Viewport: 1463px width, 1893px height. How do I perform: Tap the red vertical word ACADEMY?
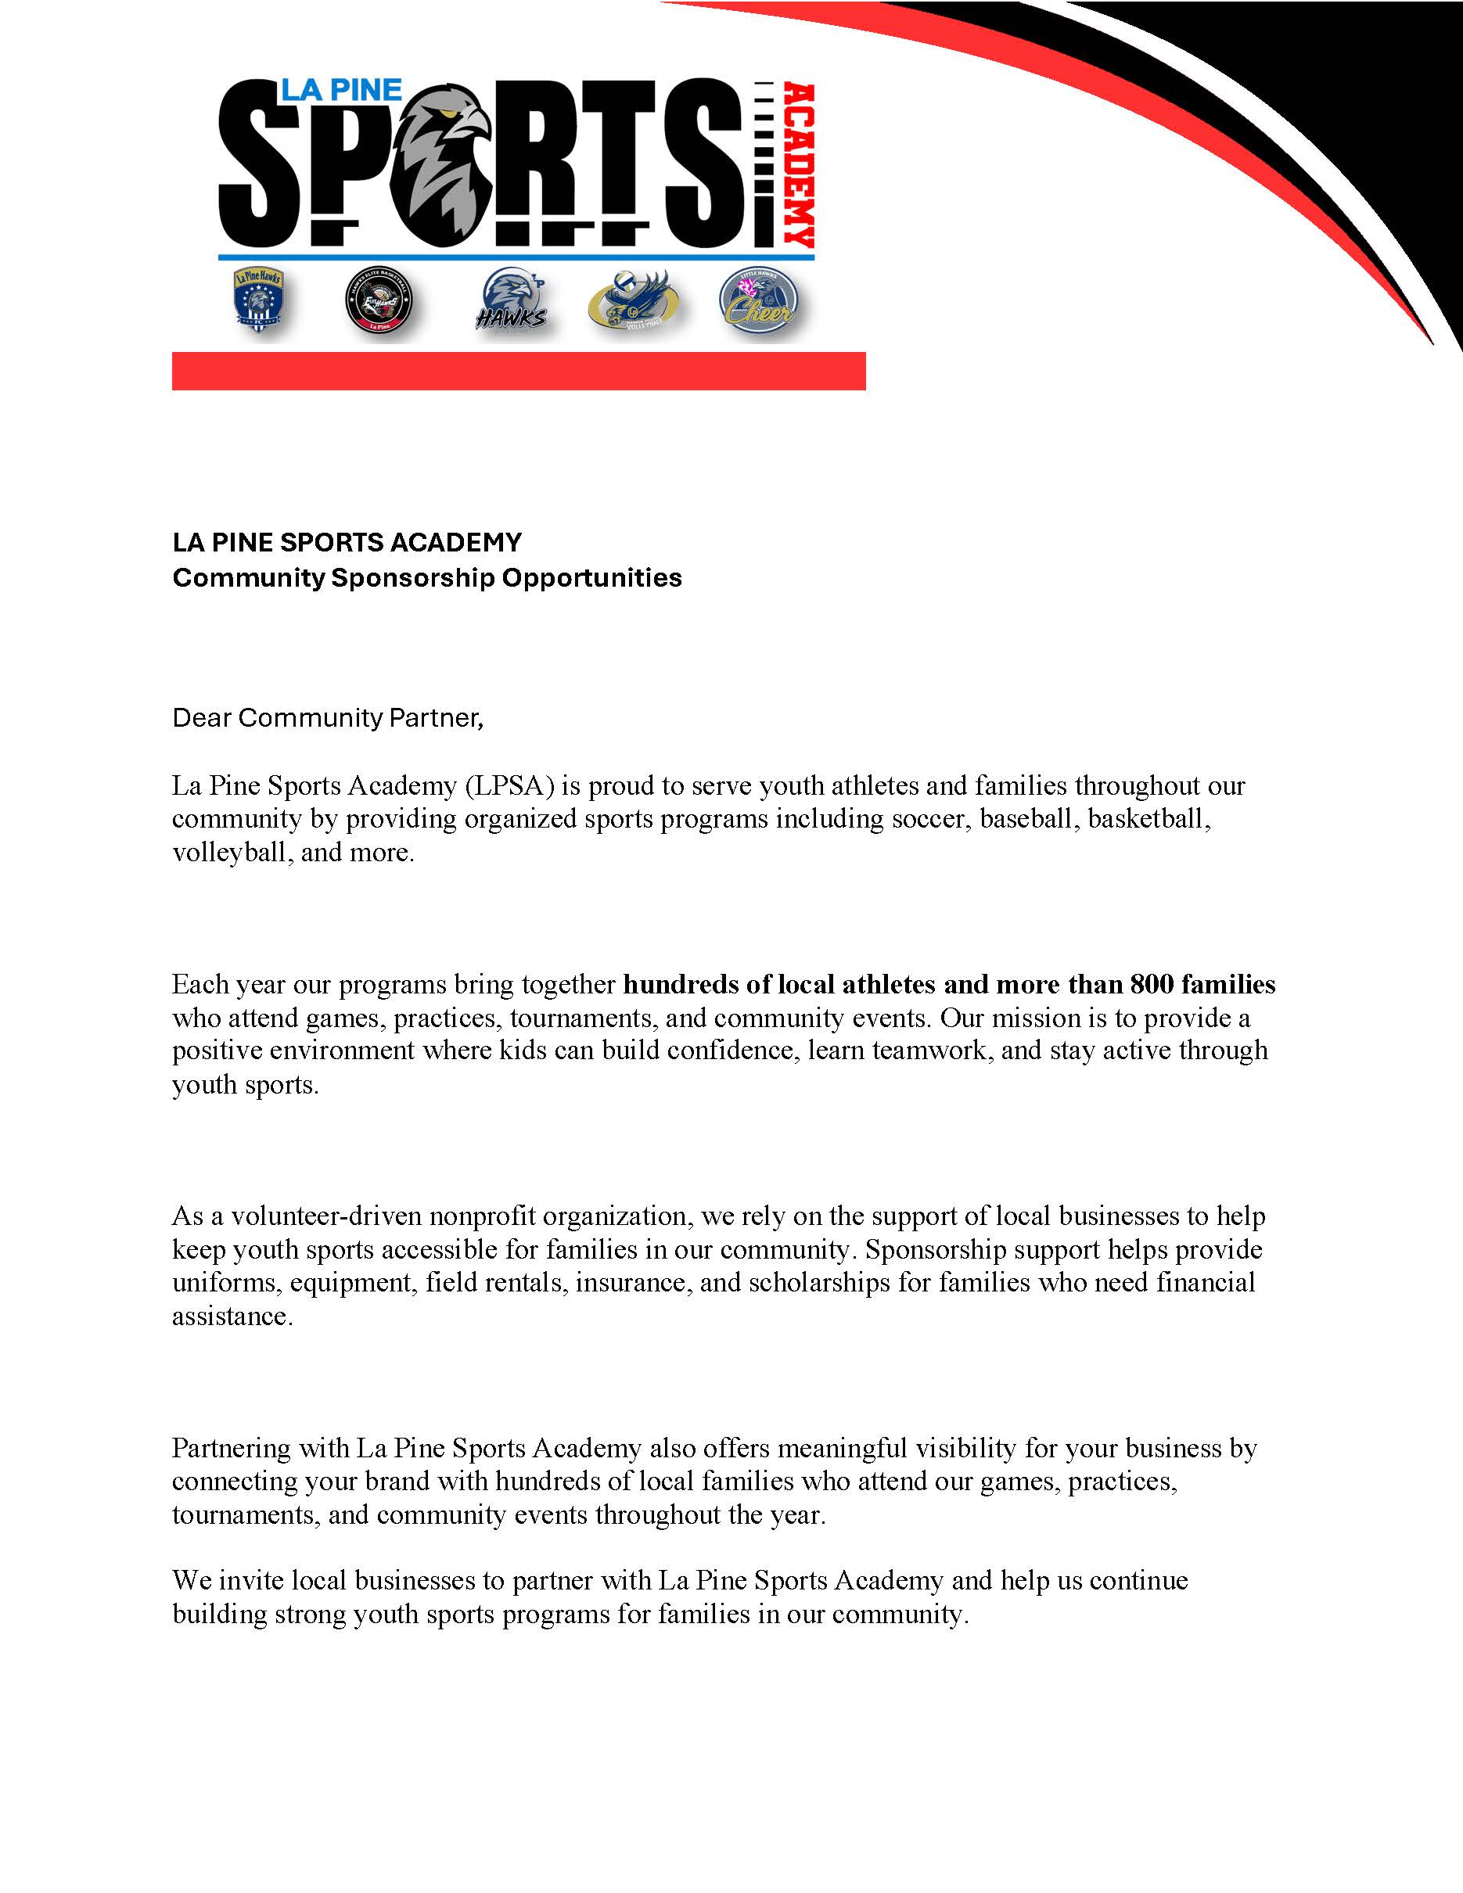pos(798,166)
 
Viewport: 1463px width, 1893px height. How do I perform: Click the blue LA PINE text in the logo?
pos(340,90)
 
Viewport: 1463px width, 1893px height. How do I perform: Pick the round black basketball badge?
pos(378,304)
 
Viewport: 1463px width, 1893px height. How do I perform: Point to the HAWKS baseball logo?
pos(512,303)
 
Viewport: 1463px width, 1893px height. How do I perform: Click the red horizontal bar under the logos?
pos(518,371)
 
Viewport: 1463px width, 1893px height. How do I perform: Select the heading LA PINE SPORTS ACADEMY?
pos(347,543)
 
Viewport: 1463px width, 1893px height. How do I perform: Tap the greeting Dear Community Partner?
pos(327,717)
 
